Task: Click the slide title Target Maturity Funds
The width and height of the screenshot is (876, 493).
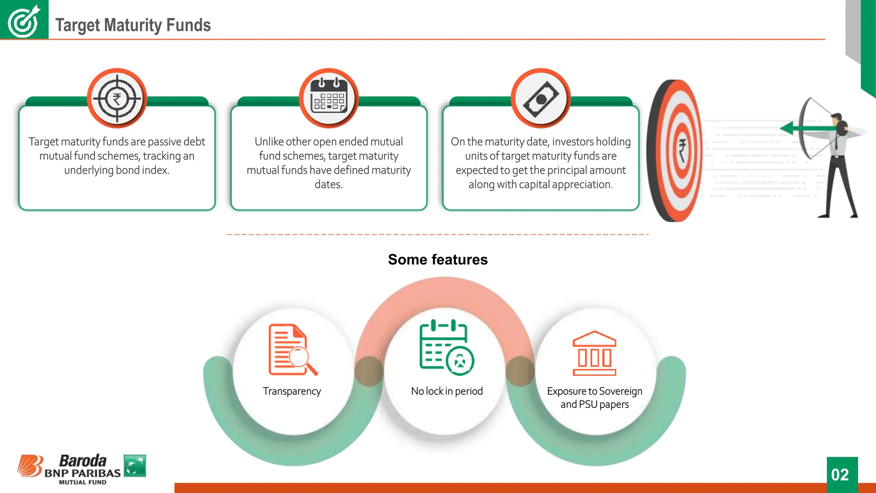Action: [x=133, y=25]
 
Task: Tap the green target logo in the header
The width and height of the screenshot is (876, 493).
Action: [x=24, y=20]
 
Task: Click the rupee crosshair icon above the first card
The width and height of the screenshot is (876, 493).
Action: [x=117, y=98]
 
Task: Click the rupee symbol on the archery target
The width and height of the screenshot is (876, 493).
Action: [x=682, y=151]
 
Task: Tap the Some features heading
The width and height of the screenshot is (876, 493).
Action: [x=438, y=260]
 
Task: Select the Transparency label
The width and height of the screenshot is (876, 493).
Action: [x=292, y=391]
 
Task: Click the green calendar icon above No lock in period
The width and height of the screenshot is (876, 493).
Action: [x=446, y=347]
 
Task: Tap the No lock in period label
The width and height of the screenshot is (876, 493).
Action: [x=447, y=391]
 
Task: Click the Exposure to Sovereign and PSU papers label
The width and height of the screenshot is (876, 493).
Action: [x=595, y=398]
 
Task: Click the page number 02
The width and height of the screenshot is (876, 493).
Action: [x=840, y=475]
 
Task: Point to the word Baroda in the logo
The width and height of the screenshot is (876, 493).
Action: [x=83, y=461]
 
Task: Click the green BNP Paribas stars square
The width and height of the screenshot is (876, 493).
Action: [x=135, y=466]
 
